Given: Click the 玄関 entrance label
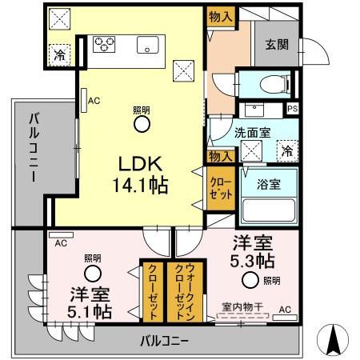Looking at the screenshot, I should coord(275,45).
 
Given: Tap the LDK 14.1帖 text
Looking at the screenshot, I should coord(143,174).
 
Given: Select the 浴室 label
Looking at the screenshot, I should coord(268,182).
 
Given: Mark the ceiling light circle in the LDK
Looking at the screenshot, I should coord(141,124).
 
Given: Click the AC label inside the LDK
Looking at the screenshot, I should coord(94,101).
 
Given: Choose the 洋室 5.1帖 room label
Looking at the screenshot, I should coord(89,300).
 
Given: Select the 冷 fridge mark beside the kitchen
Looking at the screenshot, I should coord(60,54).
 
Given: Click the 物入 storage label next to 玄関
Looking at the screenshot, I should coord(219,17).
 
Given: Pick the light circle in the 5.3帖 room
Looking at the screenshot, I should coord(251,279).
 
